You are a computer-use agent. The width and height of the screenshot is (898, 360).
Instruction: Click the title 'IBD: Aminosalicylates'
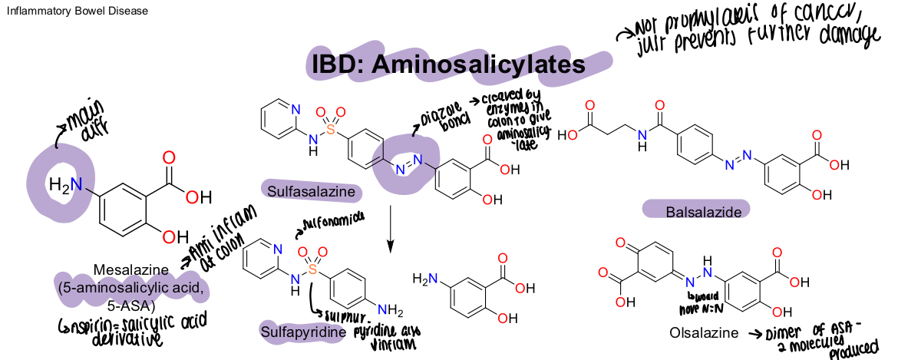(448, 64)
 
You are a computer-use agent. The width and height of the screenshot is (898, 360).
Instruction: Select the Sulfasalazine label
(310, 190)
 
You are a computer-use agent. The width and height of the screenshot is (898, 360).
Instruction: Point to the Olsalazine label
(702, 333)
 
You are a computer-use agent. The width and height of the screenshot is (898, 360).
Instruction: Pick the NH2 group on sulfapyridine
(390, 311)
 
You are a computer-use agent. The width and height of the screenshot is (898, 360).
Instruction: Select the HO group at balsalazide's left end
(573, 135)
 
